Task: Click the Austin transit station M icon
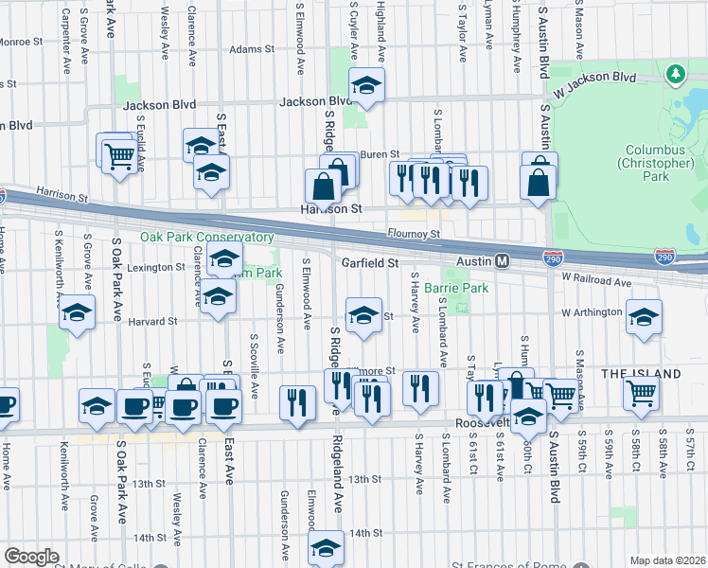pos(503,260)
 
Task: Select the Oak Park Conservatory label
pos(207,238)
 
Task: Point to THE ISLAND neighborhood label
pos(641,374)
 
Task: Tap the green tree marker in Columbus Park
pos(675,73)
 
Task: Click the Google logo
pos(31,557)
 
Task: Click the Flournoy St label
pos(415,233)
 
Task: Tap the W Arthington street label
pos(592,312)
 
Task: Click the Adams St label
pos(251,48)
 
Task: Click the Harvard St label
pos(153,321)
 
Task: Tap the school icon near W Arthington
pos(644,318)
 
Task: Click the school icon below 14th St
pos(326,546)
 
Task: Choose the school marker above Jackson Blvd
pos(365,83)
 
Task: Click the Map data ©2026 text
pos(667,560)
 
